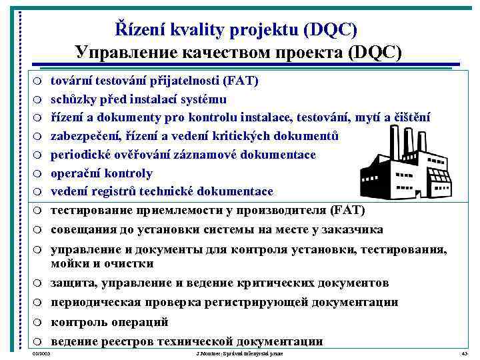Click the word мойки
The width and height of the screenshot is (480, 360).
tap(67, 263)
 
